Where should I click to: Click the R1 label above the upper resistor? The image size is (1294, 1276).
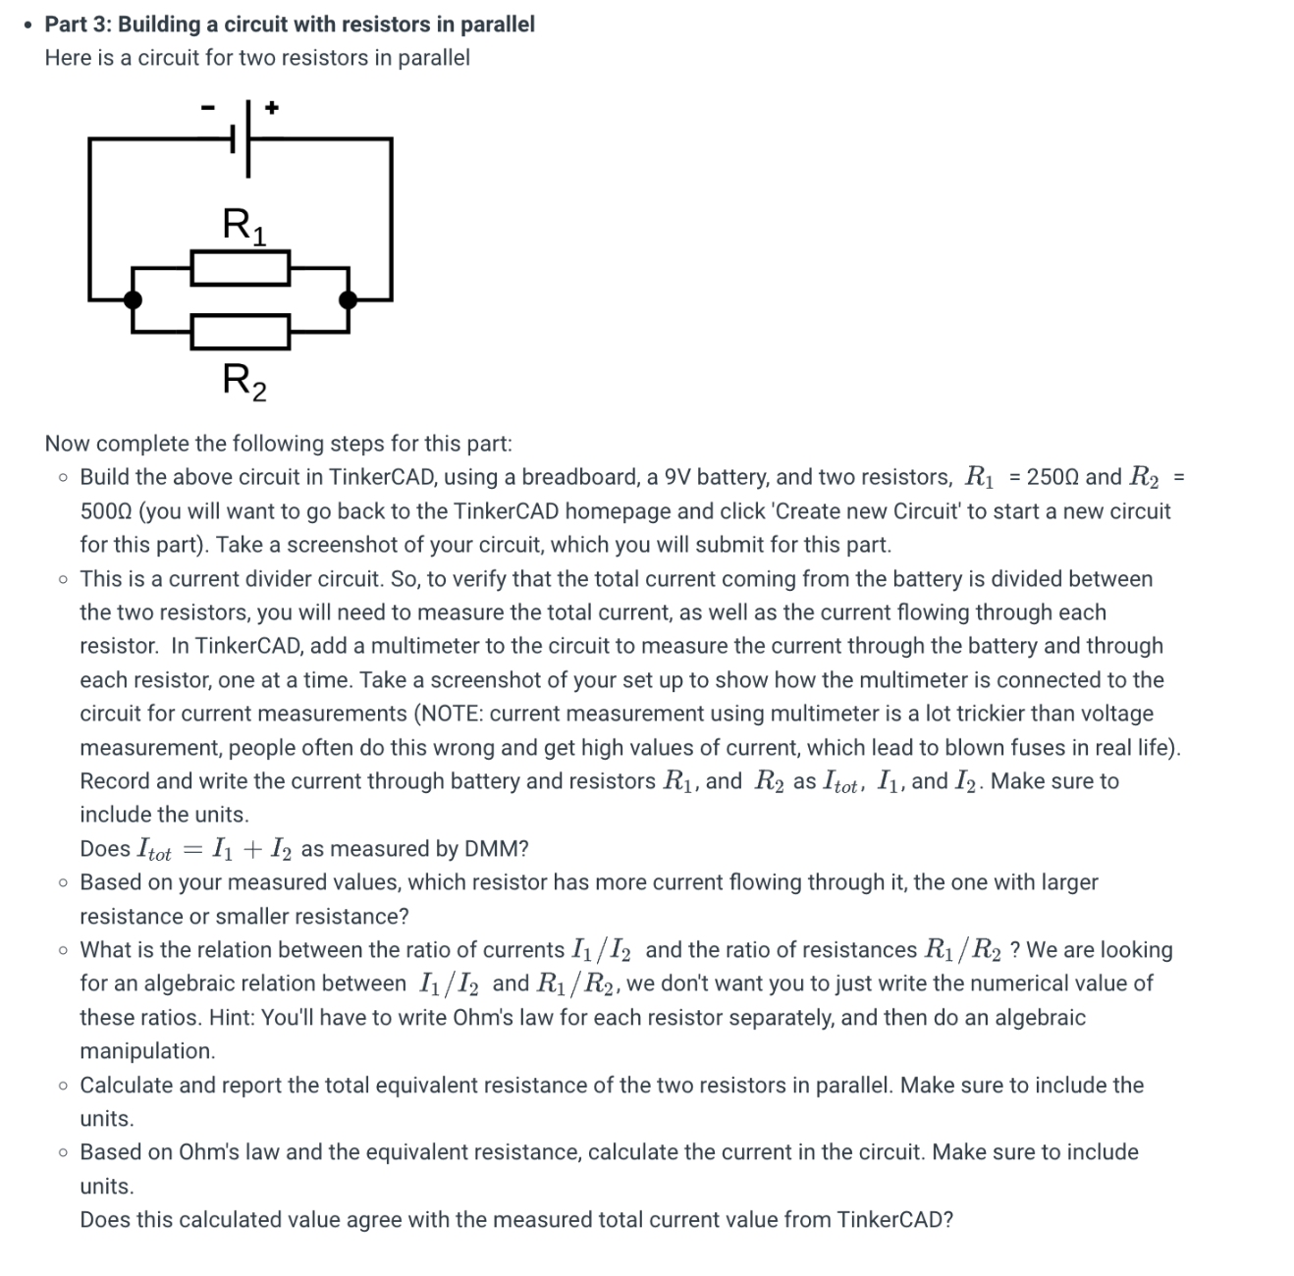tap(243, 225)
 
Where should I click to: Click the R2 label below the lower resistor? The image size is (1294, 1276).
tap(243, 380)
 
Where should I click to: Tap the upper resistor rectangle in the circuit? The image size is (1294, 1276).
tap(241, 268)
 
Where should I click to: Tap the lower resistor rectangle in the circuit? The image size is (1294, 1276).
tap(241, 332)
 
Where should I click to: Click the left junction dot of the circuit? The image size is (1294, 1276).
tap(133, 300)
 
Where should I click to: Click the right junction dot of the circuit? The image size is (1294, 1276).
tap(349, 300)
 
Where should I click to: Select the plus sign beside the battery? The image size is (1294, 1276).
tap(272, 107)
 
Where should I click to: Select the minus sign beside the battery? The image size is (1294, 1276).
tap(207, 107)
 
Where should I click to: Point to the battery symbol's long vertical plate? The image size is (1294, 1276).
tap(247, 138)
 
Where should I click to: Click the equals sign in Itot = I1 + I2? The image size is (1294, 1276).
tap(191, 849)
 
